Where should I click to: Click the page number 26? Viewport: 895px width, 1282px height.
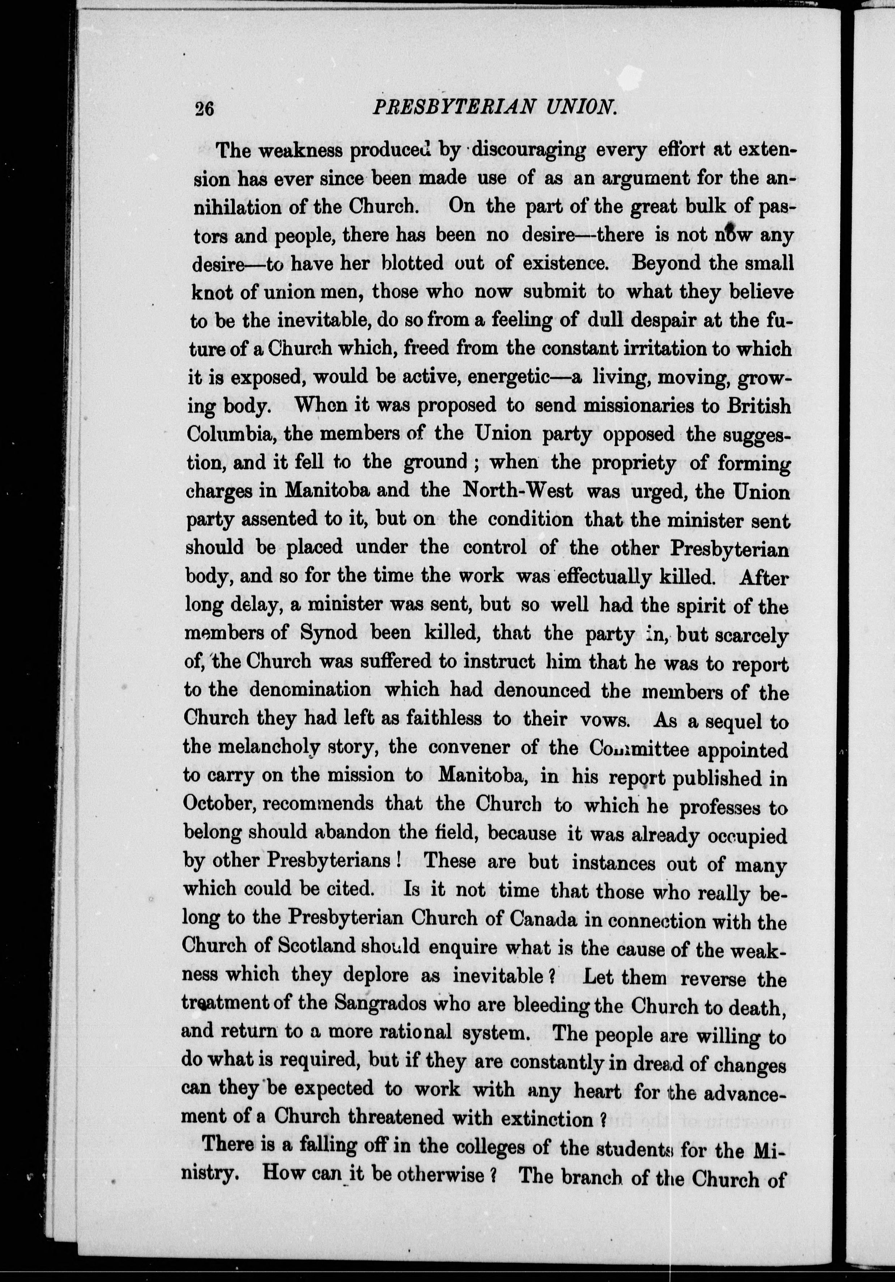[204, 108]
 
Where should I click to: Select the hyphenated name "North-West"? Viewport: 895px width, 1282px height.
[518, 491]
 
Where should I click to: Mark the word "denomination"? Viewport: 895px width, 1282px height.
[310, 690]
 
